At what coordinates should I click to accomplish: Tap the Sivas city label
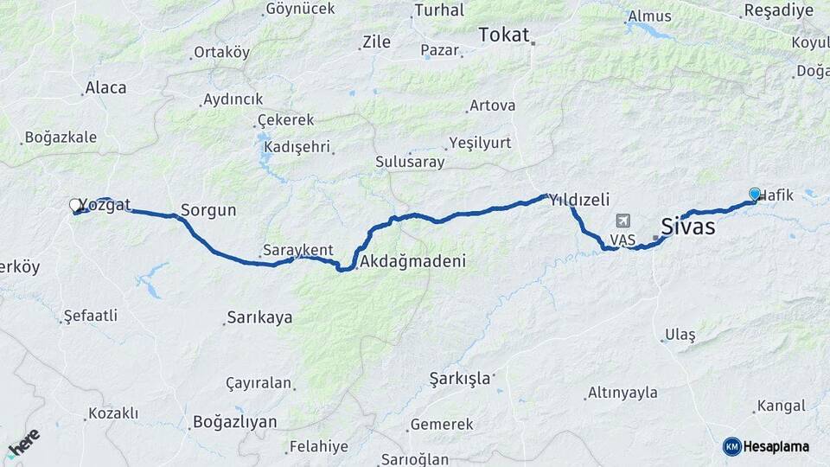coord(687,227)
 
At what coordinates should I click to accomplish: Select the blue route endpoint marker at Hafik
coord(755,195)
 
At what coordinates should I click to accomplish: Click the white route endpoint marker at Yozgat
coord(75,205)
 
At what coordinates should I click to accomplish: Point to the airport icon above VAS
coord(622,221)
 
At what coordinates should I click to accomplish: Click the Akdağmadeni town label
coord(413,260)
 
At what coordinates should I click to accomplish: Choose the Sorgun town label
coord(208,210)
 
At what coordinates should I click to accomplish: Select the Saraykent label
coord(298,250)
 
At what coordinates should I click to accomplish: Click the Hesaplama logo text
coord(776,446)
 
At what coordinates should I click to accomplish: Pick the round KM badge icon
coord(731,446)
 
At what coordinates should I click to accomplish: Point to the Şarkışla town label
coord(460,378)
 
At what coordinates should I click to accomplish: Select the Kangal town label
coord(781,406)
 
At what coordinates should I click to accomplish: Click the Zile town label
coord(376,42)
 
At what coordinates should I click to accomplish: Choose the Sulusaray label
coord(410,162)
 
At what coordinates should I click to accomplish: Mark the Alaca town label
coord(105,87)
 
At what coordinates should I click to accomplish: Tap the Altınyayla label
coord(622,393)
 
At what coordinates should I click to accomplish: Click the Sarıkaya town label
coord(259,317)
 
